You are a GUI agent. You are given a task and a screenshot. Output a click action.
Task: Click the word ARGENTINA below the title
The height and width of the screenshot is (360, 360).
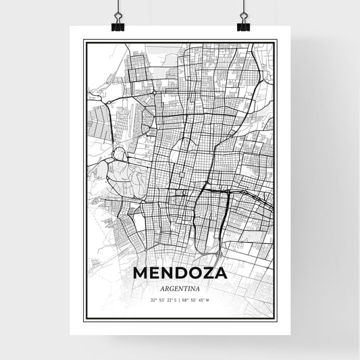pyautogui.click(x=180, y=287)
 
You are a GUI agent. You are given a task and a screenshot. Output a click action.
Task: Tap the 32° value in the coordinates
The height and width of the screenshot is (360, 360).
pyautogui.click(x=154, y=300)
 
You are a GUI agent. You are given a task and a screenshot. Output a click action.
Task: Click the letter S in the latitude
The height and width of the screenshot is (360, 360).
pyautogui.click(x=174, y=300)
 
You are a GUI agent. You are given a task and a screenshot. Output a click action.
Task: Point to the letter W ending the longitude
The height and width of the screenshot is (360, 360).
pyautogui.click(x=208, y=300)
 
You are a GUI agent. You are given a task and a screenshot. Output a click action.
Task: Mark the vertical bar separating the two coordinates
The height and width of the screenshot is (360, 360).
pyautogui.click(x=180, y=300)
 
